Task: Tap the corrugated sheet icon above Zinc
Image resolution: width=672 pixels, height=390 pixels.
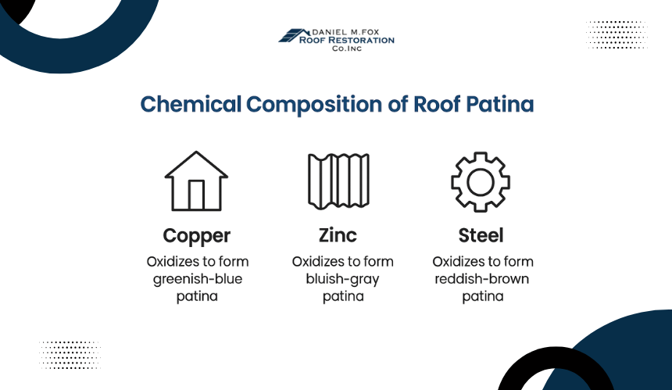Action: pos(338,181)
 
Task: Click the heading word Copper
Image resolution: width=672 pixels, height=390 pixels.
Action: pos(197,236)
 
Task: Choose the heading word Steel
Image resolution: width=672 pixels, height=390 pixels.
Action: pos(481,235)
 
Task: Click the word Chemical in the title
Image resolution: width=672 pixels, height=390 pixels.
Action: pos(191,104)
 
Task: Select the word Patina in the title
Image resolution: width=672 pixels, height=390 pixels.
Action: pos(500,104)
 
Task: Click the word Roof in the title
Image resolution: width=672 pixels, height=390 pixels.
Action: pos(437,104)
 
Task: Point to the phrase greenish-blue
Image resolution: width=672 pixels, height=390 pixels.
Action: pos(198,280)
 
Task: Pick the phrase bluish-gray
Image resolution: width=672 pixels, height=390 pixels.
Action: pos(342,280)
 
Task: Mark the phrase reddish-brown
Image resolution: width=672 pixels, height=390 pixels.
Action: pos(481,279)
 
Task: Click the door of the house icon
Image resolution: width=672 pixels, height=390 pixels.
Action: pos(196,195)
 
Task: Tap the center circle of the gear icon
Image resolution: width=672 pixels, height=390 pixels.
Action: pos(481,182)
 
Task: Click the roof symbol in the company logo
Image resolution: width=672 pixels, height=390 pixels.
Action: pos(294,36)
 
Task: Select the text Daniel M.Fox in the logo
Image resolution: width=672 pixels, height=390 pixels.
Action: pos(346,32)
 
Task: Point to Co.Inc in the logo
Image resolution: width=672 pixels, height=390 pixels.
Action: pos(347,48)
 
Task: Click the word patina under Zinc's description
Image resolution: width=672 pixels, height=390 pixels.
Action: pos(343,296)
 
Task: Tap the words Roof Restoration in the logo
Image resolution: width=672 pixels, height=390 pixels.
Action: pos(347,41)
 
